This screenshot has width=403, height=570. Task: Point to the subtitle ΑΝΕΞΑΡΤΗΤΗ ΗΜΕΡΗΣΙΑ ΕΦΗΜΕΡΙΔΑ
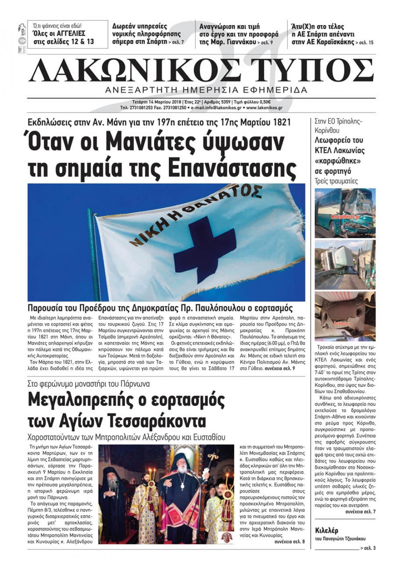(206, 90)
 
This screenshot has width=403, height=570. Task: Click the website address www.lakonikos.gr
(264, 108)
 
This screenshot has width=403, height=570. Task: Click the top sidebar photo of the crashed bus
(345, 212)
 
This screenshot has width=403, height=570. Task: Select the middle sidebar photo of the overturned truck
(345, 264)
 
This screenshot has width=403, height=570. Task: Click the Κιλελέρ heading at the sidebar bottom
(326, 530)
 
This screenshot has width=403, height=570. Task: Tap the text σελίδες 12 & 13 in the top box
(64, 41)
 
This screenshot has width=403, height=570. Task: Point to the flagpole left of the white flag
(93, 258)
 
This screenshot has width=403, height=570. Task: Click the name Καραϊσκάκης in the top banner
(334, 42)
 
